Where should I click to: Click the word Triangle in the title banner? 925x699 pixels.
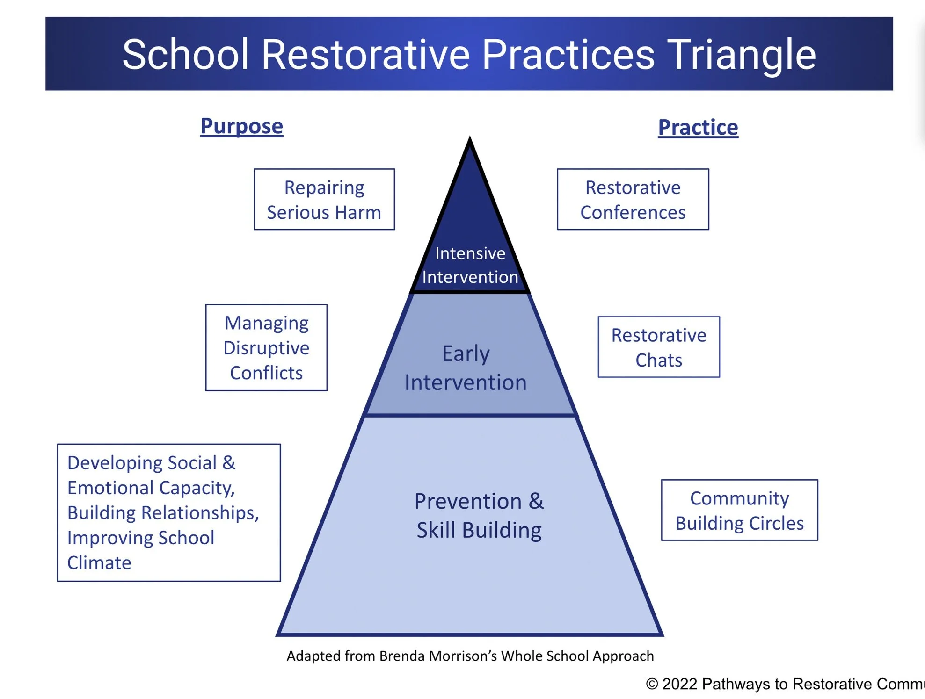click(741, 55)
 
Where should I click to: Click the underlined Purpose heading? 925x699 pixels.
click(241, 126)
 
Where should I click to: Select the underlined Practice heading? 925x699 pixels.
click(698, 128)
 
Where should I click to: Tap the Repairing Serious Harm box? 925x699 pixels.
click(324, 200)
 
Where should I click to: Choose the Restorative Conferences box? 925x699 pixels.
click(633, 200)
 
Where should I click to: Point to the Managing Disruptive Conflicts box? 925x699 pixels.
click(266, 347)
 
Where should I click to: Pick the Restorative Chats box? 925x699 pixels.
click(658, 347)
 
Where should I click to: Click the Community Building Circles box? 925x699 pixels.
click(739, 510)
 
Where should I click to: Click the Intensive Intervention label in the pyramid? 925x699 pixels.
click(470, 265)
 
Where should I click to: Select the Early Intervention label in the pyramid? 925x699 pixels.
click(466, 368)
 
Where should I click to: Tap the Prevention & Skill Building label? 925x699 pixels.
click(479, 515)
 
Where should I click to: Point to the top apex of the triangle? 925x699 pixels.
click(470, 140)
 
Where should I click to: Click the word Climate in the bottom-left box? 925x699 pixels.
click(99, 563)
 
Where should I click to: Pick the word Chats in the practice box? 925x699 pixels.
click(658, 360)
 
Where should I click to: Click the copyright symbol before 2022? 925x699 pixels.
click(652, 684)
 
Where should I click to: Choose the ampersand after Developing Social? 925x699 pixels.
click(229, 463)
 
